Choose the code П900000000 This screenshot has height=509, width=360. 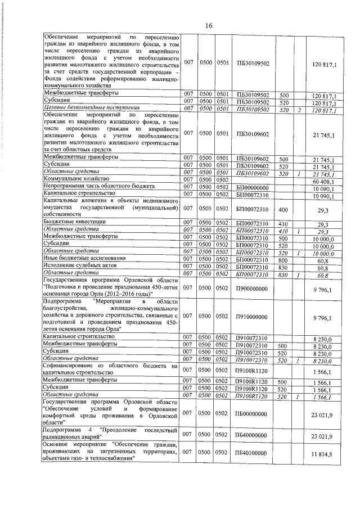pyautogui.click(x=253, y=288)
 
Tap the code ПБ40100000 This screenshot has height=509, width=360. pyautogui.click(x=253, y=452)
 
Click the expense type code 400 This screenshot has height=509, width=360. pyautogui.click(x=284, y=208)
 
